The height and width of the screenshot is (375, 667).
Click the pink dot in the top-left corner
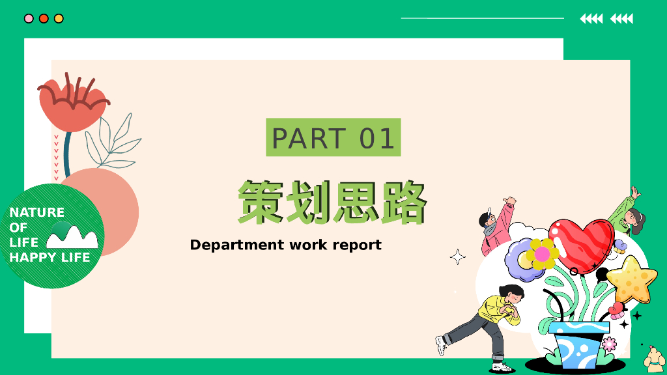point(29,18)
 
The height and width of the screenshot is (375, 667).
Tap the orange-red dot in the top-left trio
point(44,18)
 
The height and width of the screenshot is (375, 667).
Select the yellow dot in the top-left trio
point(59,18)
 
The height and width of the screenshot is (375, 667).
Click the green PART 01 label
point(333,137)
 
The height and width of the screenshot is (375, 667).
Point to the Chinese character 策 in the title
point(261,202)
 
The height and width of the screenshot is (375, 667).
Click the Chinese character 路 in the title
point(403,202)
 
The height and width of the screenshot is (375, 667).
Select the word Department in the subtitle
point(237,245)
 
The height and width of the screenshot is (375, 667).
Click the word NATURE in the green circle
point(37,212)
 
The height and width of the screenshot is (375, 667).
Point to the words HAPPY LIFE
point(50,257)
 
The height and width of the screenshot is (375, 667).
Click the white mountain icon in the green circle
point(72,236)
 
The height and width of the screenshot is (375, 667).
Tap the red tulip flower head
point(73,103)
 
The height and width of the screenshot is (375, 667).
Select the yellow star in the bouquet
point(632,280)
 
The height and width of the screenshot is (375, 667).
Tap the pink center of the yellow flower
point(542,255)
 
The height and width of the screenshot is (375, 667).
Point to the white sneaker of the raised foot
point(441,345)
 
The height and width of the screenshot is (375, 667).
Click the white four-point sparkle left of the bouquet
point(458,257)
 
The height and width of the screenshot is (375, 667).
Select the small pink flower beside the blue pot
point(609,344)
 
